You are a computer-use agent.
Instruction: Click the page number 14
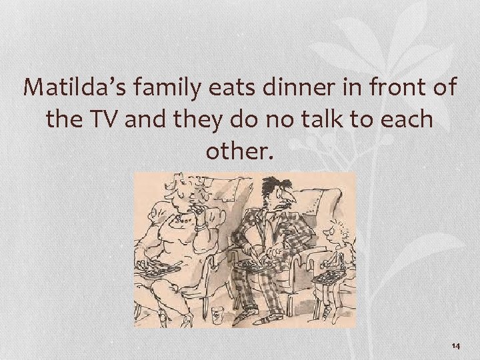(456, 345)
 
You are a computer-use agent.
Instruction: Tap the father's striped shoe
(256, 318)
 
